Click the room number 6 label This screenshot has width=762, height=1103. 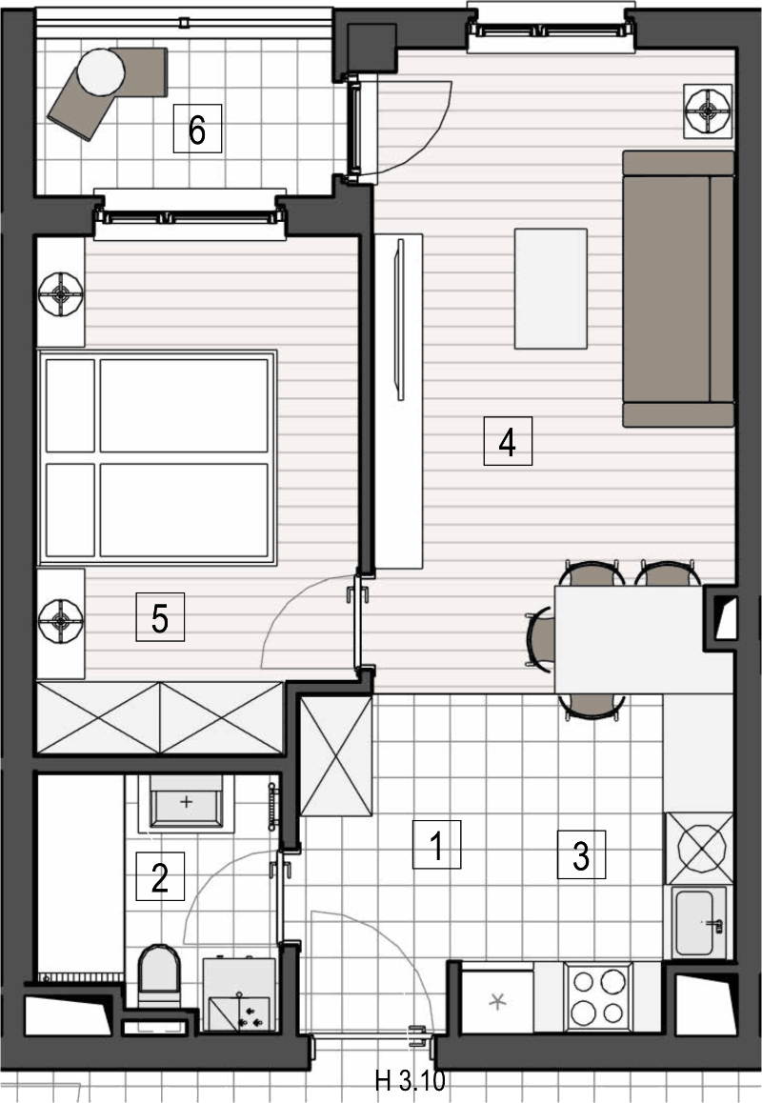pos(198,129)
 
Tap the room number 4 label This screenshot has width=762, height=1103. pos(508,441)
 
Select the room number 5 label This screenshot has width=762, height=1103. pos(160,617)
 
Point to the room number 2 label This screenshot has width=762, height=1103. pos(160,876)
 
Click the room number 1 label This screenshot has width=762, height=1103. pos(436,844)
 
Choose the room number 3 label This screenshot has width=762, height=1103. pos(581,854)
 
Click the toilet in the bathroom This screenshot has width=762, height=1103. pos(160,975)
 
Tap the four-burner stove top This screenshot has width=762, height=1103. pos(598,996)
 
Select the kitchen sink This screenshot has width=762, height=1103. pos(699,922)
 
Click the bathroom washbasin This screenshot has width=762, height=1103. pos(186,803)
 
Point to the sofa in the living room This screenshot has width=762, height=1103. pos(678,289)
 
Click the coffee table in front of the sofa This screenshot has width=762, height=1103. pos(551,289)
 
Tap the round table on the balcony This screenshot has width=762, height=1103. pos(101,71)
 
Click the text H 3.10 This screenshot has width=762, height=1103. pos(411,1080)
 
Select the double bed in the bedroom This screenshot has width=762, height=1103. pos(157,457)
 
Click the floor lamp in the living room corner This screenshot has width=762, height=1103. pos(709,111)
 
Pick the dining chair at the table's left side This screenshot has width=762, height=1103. pos(540,638)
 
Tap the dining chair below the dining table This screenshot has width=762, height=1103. pos(592,706)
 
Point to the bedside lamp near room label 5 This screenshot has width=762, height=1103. pos(61,620)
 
